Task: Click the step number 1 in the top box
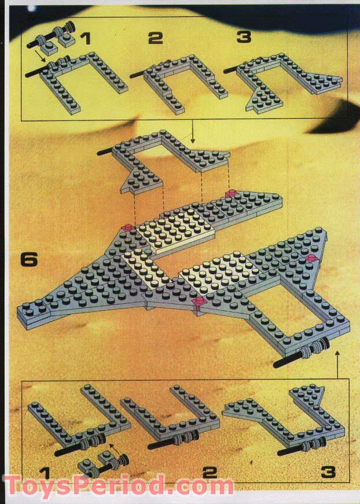click(86, 39)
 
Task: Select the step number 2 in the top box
click(155, 39)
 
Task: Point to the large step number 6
click(28, 259)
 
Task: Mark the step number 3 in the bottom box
click(328, 472)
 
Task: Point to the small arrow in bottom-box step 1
click(112, 447)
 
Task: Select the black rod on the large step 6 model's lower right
click(289, 359)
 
